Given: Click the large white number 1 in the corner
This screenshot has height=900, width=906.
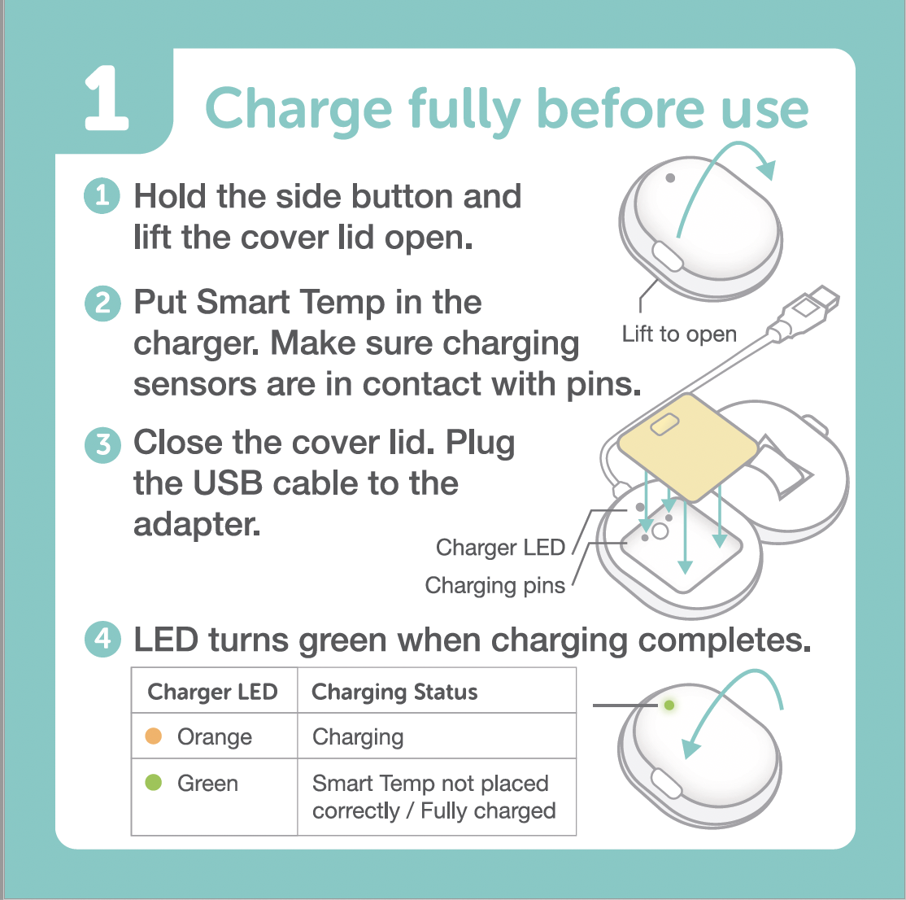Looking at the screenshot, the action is [107, 98].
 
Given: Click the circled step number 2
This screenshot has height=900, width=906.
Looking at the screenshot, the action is [102, 303].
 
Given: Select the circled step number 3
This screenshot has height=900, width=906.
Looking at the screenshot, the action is [102, 444].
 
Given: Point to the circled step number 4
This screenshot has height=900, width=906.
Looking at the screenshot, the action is [102, 640].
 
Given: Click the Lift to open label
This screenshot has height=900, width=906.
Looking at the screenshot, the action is [679, 334].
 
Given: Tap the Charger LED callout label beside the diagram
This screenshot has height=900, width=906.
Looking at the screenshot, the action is [500, 547].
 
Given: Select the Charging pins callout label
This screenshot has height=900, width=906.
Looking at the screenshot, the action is [495, 586].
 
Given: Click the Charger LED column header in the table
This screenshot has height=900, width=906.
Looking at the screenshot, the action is [212, 692].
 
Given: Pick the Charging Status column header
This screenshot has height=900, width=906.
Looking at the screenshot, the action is [394, 692].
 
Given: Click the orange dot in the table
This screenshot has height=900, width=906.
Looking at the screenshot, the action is [153, 736].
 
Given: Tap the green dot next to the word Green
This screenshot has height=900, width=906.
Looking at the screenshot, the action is [153, 783].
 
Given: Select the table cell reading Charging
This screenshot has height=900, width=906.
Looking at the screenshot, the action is [358, 737].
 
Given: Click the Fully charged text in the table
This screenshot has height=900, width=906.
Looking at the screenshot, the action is [488, 811].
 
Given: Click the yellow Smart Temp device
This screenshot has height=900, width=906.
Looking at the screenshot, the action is [687, 447].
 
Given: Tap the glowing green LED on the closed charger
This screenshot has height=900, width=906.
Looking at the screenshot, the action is [669, 706].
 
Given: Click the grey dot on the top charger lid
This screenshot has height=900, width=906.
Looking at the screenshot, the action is [670, 178].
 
